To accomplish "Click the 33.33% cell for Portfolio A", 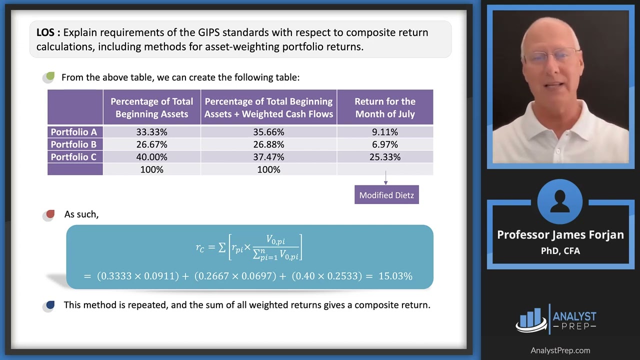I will [x=151, y=132].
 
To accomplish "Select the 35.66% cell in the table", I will [x=268, y=132].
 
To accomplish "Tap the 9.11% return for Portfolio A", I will [x=385, y=132].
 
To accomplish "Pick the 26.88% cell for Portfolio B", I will [x=268, y=144].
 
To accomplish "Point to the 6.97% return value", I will [x=385, y=144].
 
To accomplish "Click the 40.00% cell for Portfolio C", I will [x=151, y=157].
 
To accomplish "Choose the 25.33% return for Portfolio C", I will [x=385, y=157].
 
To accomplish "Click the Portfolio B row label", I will [x=74, y=144].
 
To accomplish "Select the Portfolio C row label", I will [x=74, y=157].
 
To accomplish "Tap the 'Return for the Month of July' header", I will [x=385, y=107].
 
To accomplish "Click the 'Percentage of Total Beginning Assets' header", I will [x=151, y=107].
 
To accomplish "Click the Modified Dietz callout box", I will [x=386, y=195].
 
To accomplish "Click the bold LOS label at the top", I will [x=48, y=33].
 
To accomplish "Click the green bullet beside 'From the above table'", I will [x=49, y=77].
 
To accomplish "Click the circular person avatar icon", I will [x=560, y=202].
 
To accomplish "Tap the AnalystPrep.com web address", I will [x=560, y=350].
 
